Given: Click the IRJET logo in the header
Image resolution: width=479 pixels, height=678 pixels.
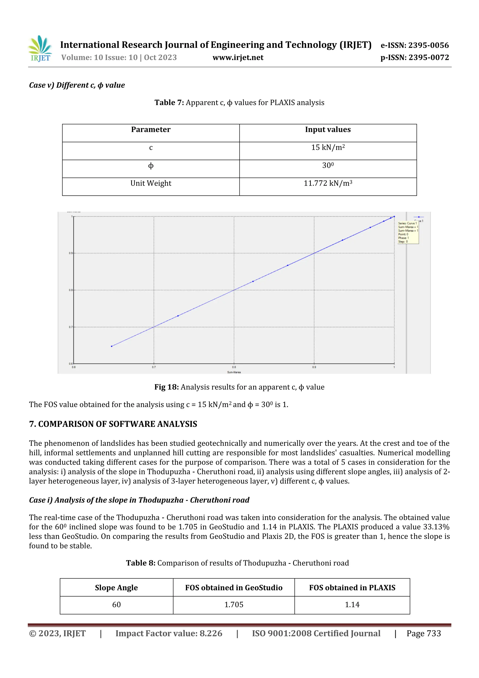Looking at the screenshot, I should pyautogui.click(x=40, y=49).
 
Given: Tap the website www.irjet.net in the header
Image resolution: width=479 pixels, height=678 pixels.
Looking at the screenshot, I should pyautogui.click(x=238, y=58).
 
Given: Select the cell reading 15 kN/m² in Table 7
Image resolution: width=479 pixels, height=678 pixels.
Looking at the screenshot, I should pyautogui.click(x=328, y=148).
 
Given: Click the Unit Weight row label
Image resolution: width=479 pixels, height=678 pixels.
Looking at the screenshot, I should pyautogui.click(x=151, y=183).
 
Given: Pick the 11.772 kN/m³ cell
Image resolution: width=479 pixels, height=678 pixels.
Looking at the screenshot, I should pyautogui.click(x=328, y=183).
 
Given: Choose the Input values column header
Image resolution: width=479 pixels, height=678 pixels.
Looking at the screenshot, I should pyautogui.click(x=328, y=130).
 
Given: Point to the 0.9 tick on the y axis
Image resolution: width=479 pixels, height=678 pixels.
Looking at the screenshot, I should pyautogui.click(x=71, y=253).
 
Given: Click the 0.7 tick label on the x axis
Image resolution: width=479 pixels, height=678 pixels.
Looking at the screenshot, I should pyautogui.click(x=154, y=367).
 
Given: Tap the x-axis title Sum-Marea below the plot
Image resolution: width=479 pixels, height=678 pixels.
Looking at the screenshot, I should pyautogui.click(x=234, y=372).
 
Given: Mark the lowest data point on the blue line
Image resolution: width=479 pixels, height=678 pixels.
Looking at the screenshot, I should pyautogui.click(x=112, y=346).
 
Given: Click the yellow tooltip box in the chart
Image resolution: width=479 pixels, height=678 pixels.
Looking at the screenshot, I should pyautogui.click(x=408, y=232).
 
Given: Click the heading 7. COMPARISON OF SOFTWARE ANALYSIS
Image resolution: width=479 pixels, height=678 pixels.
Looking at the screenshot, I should pyautogui.click(x=113, y=424).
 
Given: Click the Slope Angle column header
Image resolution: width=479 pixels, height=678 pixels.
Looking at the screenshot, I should pyautogui.click(x=116, y=588).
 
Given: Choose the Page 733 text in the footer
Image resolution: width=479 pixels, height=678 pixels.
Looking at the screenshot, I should pyautogui.click(x=424, y=633).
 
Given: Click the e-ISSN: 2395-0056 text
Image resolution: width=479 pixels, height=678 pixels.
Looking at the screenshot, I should pyautogui.click(x=415, y=45).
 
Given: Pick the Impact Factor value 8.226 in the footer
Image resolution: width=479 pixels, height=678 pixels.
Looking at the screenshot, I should pyautogui.click(x=169, y=633).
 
